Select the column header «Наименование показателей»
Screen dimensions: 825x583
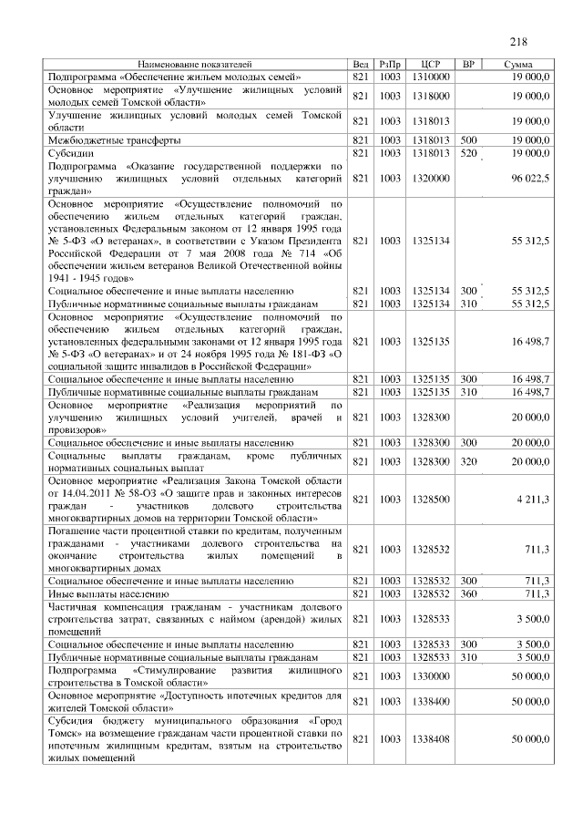pos(194,65)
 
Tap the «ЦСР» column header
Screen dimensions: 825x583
pos(433,65)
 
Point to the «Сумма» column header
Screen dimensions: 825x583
pos(518,65)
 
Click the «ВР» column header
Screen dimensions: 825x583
pos(469,65)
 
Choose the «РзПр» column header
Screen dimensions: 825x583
pos(390,65)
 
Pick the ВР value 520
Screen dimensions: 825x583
pos(469,153)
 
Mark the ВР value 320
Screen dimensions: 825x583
pos(469,462)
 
